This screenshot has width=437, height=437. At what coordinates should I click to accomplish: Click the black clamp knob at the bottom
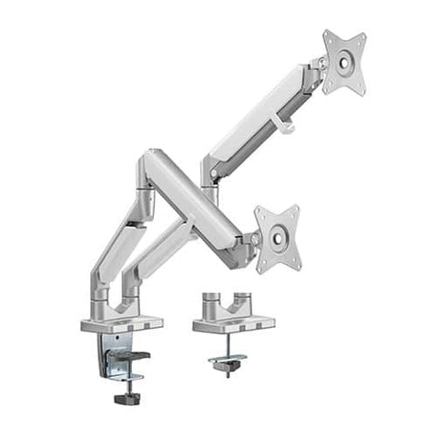click(126, 397)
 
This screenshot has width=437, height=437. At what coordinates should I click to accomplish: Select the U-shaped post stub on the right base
click(228, 300)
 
